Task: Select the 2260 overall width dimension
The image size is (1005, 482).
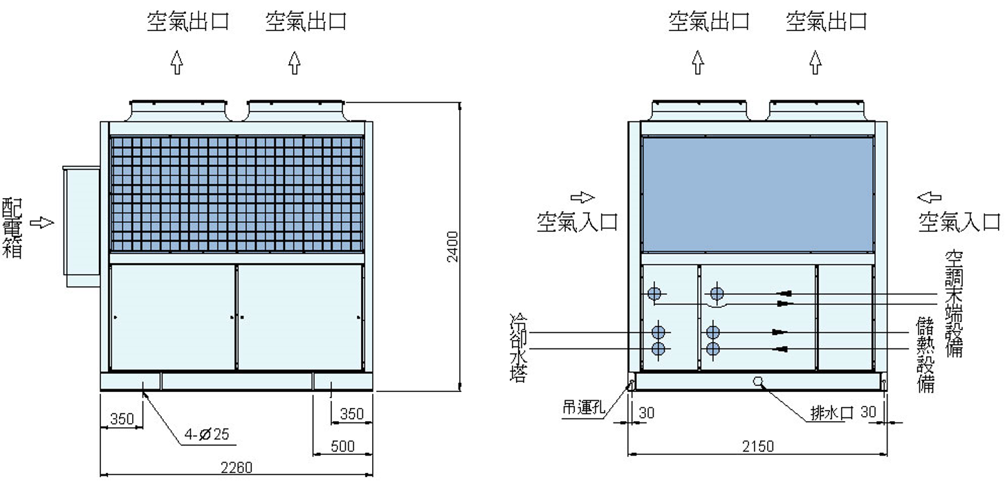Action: (237, 467)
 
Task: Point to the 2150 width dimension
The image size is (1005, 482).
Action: (758, 445)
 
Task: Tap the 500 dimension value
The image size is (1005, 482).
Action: (342, 446)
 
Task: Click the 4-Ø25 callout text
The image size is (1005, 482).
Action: (206, 435)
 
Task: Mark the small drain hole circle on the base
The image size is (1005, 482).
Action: (758, 380)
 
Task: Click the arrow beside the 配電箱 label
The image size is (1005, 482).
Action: (46, 222)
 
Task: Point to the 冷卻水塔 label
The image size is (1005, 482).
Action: (517, 348)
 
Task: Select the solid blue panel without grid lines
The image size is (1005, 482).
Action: (757, 194)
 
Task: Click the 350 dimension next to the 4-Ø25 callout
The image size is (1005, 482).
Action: (122, 419)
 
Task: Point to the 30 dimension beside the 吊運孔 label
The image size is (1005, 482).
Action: (646, 413)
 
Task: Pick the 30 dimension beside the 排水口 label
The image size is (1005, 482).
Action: (869, 412)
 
